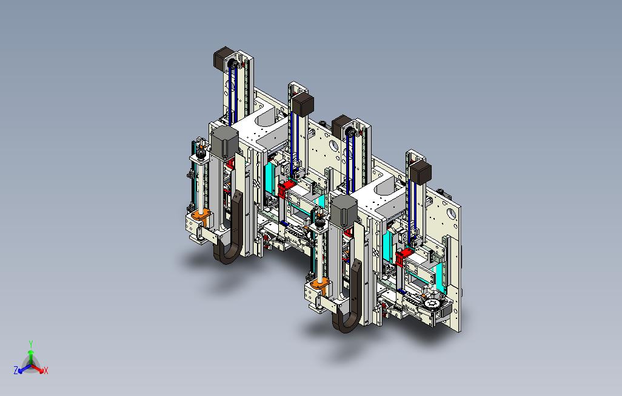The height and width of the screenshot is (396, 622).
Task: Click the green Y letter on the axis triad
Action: tap(31, 344)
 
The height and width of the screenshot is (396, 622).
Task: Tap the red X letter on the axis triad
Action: tap(46, 370)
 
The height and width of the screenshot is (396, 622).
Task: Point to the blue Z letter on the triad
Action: tap(16, 370)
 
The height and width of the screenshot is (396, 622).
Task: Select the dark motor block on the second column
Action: tap(304, 104)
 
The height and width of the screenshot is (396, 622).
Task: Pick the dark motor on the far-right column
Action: tap(421, 172)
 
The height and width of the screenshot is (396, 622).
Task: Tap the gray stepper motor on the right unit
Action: tap(344, 210)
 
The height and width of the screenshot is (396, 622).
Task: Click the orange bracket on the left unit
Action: tap(201, 217)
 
